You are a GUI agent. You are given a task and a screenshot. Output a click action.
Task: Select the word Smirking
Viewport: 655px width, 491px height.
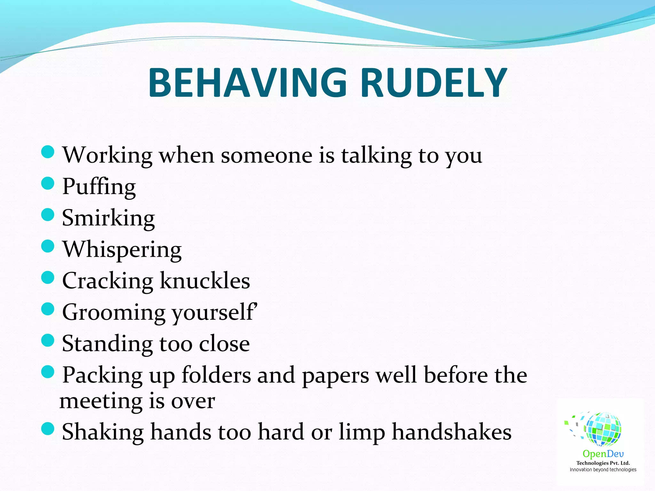click(x=108, y=218)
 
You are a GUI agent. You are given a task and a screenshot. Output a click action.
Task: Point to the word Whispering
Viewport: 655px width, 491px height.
click(x=122, y=250)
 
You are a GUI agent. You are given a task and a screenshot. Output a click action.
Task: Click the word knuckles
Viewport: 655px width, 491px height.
click(x=205, y=281)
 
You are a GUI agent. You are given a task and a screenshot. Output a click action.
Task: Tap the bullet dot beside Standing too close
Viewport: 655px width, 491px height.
click(x=48, y=340)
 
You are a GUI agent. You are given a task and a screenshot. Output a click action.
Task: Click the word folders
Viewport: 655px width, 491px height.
click(x=216, y=375)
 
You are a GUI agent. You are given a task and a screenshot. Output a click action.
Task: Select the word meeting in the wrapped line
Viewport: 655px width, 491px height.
click(x=100, y=401)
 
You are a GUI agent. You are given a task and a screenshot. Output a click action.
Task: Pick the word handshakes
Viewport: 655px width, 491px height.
click(x=452, y=432)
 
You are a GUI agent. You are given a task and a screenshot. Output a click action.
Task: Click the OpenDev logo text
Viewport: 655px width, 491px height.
click(x=603, y=454)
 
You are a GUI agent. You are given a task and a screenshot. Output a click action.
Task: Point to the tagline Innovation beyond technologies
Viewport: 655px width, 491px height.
click(x=603, y=470)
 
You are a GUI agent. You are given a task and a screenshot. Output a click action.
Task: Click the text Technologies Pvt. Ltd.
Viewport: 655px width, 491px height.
click(x=603, y=463)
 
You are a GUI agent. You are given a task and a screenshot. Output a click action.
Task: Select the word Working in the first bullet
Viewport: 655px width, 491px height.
click(x=107, y=155)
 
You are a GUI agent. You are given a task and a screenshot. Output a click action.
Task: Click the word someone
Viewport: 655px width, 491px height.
click(x=266, y=155)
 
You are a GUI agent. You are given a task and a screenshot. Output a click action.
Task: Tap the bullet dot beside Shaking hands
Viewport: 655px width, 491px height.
click(x=48, y=428)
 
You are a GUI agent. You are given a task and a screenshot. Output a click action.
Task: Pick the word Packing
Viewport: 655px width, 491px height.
click(x=102, y=375)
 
